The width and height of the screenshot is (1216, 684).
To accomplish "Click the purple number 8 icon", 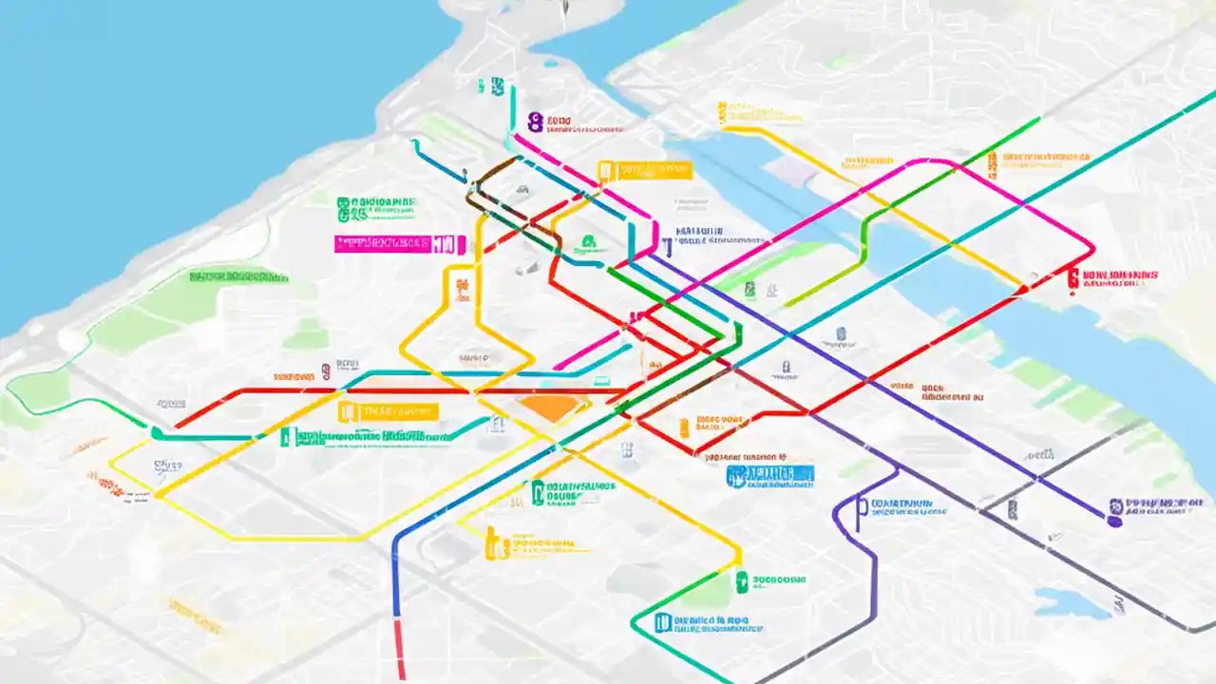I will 536,122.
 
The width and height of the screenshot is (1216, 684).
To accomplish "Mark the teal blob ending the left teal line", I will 156,433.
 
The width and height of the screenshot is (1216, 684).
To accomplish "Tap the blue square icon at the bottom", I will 663,622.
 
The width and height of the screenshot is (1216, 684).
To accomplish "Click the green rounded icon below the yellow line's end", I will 741,581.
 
